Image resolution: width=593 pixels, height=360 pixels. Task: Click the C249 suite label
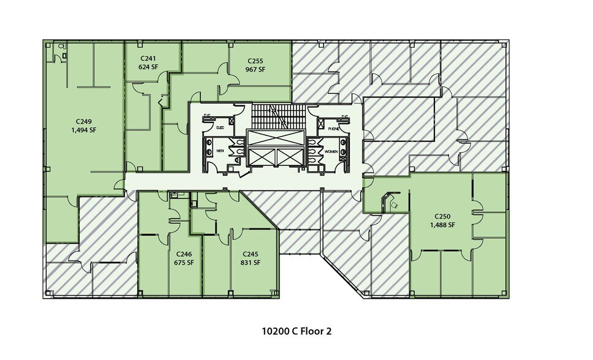point(84,121)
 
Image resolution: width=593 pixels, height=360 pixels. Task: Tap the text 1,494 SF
point(84,130)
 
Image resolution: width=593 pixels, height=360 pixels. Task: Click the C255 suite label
point(255,61)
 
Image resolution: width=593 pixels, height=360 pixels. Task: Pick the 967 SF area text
point(255,69)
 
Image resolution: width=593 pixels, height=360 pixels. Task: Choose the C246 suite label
point(184,253)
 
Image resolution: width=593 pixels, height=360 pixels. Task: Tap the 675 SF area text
point(184,262)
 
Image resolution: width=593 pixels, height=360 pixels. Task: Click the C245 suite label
point(251,253)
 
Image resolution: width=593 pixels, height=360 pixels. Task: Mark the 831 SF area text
point(251,262)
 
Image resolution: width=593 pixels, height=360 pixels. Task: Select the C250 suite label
point(443,216)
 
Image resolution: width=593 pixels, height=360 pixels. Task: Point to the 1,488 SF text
point(443,225)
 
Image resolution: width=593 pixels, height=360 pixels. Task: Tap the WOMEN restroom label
point(331,151)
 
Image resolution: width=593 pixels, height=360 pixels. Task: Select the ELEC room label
point(221,129)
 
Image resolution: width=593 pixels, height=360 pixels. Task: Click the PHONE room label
point(334,129)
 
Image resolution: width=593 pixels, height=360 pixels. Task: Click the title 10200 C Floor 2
point(296,331)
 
